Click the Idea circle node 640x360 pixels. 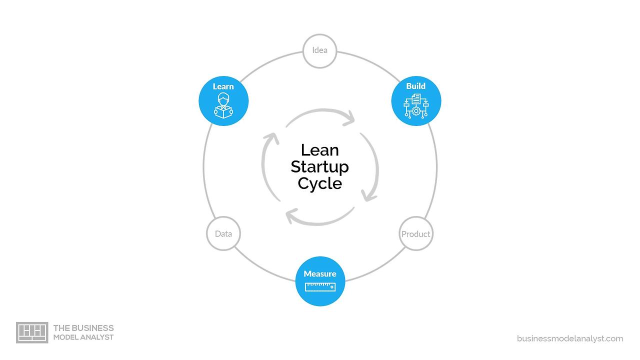tap(319, 50)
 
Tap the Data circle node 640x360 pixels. tap(223, 233)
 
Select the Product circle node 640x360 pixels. tap(416, 233)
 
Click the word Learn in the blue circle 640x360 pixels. tap(223, 86)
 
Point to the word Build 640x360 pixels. tap(416, 86)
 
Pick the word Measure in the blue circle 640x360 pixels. tap(320, 273)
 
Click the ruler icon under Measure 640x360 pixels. tap(320, 286)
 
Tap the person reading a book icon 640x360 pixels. tap(223, 105)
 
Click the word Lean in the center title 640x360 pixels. tap(320, 150)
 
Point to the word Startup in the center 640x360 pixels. tap(320, 166)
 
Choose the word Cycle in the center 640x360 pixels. tap(320, 183)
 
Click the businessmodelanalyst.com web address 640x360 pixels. tap(570, 338)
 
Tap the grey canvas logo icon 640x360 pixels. tap(32, 332)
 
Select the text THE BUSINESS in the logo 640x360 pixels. tap(83, 328)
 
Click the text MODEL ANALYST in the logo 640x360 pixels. tap(83, 337)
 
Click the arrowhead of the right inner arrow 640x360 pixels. tap(369, 195)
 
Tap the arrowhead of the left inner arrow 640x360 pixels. tap(272, 137)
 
